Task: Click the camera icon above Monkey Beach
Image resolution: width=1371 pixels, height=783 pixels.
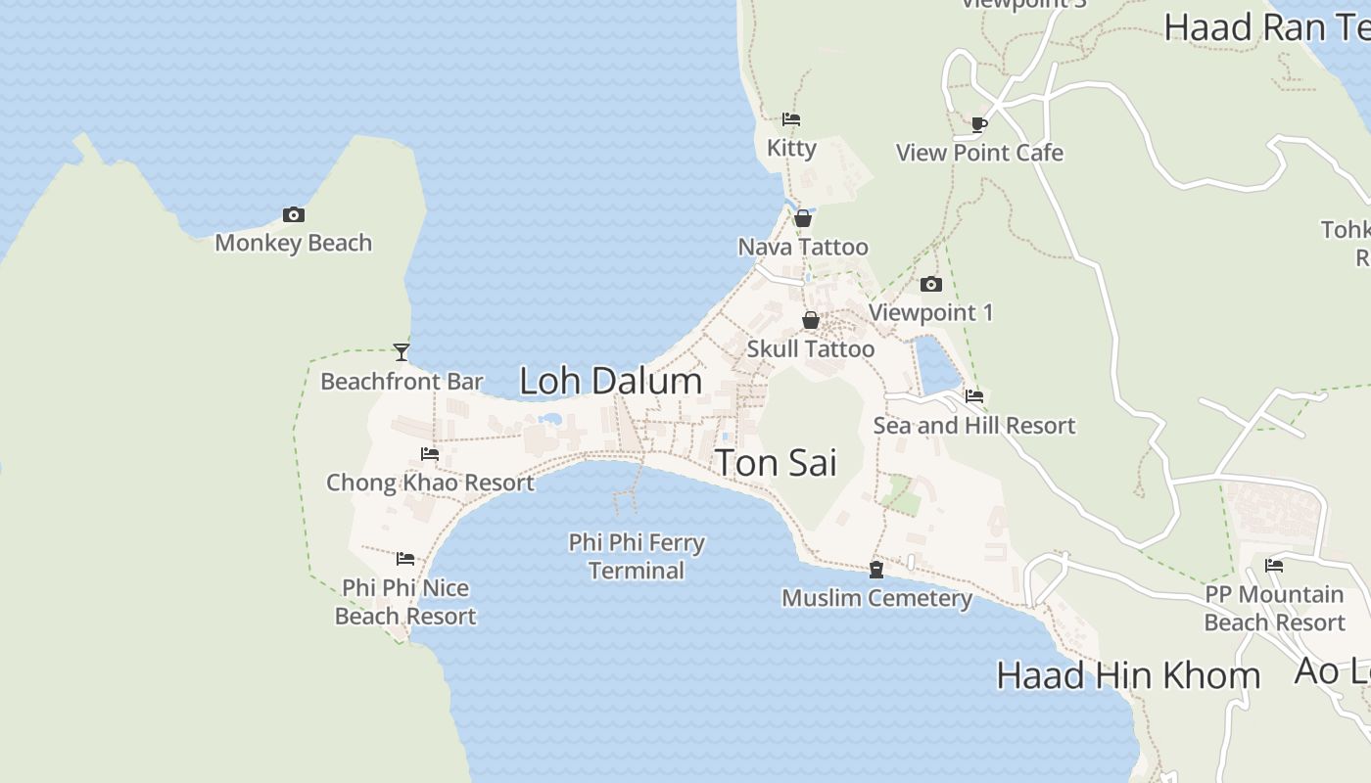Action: click(293, 215)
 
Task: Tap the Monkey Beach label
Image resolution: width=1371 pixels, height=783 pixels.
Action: click(293, 243)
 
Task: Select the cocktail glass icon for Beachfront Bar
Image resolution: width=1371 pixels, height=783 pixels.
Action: click(402, 352)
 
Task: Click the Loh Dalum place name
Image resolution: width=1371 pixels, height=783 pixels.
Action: click(610, 381)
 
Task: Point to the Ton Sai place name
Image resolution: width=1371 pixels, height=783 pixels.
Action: click(776, 463)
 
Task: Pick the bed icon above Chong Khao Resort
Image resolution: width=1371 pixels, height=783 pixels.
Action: click(430, 454)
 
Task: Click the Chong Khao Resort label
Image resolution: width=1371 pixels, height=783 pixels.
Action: click(430, 483)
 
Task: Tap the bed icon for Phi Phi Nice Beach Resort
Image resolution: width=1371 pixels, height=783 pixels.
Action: click(405, 560)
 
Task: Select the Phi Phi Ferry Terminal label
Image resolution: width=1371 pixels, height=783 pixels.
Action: click(637, 556)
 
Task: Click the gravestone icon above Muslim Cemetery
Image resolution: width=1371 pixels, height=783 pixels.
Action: click(876, 570)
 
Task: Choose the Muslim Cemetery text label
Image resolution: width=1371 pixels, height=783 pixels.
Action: click(876, 598)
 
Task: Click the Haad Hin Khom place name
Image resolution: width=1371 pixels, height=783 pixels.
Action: click(1128, 675)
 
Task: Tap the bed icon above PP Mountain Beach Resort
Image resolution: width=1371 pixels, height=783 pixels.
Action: click(1274, 566)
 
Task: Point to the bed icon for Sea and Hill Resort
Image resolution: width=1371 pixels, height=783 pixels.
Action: click(974, 396)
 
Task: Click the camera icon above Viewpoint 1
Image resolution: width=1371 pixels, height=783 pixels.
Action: click(931, 285)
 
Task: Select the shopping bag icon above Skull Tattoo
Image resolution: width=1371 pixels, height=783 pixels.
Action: click(811, 320)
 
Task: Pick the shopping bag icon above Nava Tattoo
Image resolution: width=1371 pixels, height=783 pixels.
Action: click(803, 218)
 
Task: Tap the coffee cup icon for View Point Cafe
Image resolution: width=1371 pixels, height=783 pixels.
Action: click(979, 124)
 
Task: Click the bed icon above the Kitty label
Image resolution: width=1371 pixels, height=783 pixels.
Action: click(791, 119)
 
